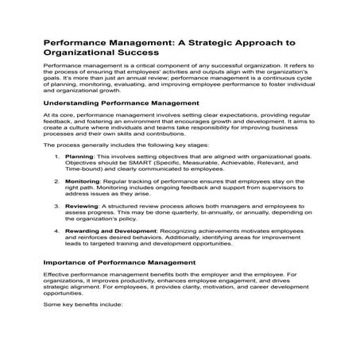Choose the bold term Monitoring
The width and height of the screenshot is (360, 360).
tap(84, 182)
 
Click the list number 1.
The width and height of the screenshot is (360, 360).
tap(56, 157)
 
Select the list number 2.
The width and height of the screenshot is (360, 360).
tap(56, 182)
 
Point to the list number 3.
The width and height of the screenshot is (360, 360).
tap(56, 207)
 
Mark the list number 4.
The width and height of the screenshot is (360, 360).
tap(56, 231)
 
